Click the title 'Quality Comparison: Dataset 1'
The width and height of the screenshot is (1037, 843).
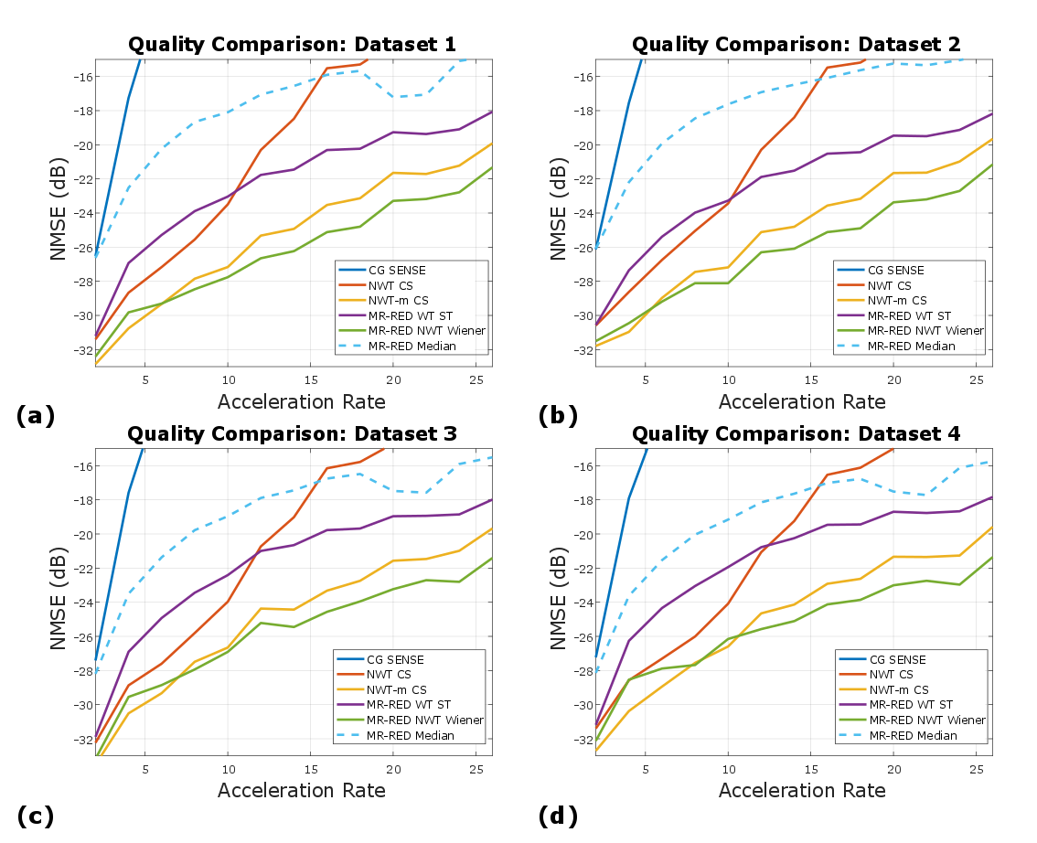(292, 44)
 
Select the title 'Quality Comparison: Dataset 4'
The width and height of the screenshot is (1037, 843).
(796, 434)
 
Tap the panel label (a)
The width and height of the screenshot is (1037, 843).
(36, 416)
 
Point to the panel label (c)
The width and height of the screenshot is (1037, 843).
(36, 815)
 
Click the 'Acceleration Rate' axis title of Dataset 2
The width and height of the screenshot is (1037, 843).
(801, 401)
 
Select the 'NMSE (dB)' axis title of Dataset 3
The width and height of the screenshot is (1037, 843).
(59, 602)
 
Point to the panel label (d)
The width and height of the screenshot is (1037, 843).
(558, 815)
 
